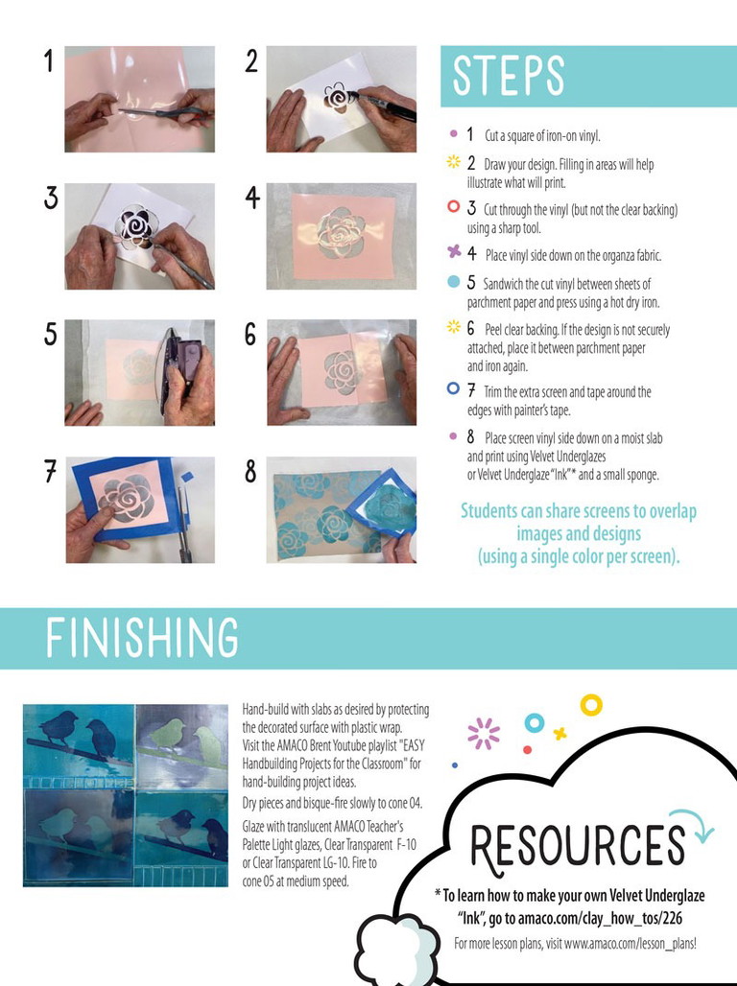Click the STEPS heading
point(508,76)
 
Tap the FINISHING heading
point(142,638)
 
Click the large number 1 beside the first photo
point(48,61)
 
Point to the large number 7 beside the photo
point(50,471)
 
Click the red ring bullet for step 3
point(453,206)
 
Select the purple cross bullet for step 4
point(454,251)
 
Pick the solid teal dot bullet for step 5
point(453,282)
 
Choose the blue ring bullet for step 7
point(453,388)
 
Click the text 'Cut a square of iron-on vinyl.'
point(542,135)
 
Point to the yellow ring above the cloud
point(591,705)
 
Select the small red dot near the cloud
point(528,749)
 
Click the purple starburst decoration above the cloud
point(484,733)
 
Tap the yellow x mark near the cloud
point(559,733)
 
